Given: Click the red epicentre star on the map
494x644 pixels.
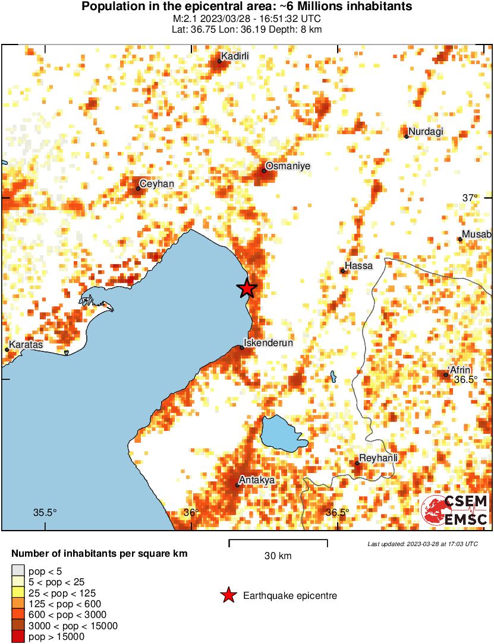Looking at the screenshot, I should [x=247, y=288].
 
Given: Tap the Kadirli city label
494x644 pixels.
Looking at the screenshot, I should [x=234, y=56].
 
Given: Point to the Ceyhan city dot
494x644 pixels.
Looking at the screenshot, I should [x=138, y=189].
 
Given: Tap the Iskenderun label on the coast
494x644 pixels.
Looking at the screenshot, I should [x=269, y=342].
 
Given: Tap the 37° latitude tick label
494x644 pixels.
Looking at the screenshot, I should [x=470, y=198].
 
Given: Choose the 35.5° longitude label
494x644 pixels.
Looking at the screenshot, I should [x=45, y=513].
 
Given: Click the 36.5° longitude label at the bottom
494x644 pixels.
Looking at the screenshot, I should [x=338, y=513].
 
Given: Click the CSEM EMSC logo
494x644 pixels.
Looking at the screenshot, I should [x=455, y=510].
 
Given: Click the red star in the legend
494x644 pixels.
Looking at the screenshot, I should [x=227, y=595].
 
